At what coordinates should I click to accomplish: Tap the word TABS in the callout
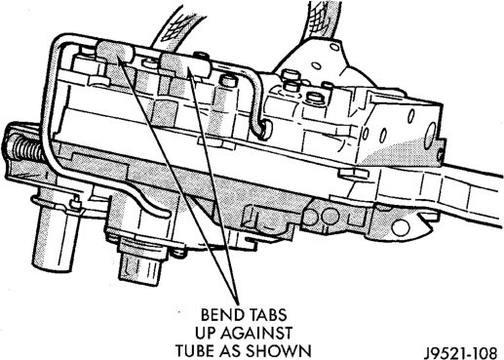pyautogui.click(x=267, y=315)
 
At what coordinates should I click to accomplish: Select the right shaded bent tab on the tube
pyautogui.click(x=182, y=65)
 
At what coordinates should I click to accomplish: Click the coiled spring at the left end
pyautogui.click(x=23, y=150)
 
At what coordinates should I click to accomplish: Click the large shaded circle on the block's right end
pyautogui.click(x=432, y=134)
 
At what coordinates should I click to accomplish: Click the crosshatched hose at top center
pyautogui.click(x=177, y=27)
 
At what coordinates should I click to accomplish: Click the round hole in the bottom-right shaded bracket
pyautogui.click(x=401, y=226)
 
